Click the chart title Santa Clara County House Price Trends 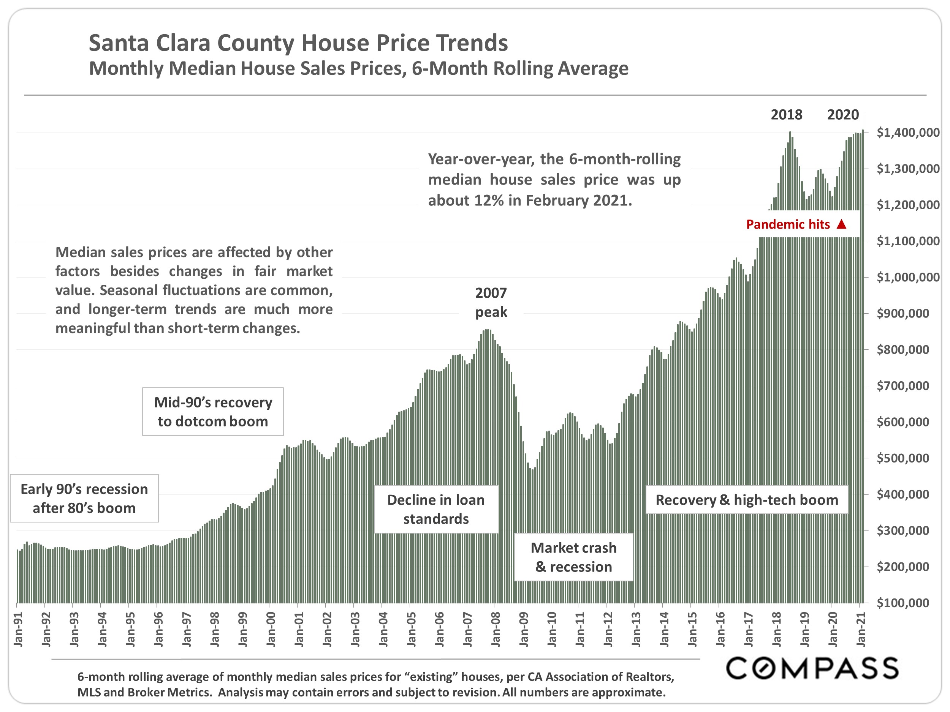298,43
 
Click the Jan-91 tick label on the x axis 18,629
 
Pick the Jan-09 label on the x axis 524,629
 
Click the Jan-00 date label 271,629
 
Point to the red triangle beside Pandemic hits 841,224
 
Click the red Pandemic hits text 788,224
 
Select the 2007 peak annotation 491,303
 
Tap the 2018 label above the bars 786,115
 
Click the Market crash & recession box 573,557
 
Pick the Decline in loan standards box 436,510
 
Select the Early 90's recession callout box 84,498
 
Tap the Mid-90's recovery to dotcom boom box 213,412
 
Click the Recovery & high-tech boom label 747,500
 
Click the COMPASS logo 812,668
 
